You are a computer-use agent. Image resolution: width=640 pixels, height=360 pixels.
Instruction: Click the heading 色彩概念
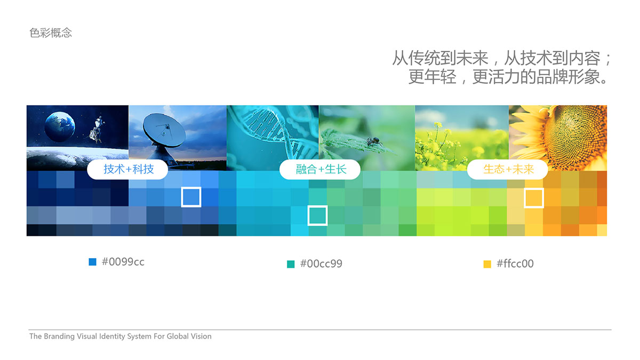[x=51, y=33]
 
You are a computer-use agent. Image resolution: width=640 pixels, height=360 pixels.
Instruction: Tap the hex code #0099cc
[x=123, y=262]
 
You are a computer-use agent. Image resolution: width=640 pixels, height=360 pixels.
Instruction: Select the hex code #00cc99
[x=321, y=263]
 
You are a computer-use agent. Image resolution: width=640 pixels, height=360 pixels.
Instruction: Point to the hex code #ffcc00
[x=515, y=263]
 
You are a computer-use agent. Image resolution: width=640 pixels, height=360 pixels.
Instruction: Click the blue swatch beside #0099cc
[x=93, y=262]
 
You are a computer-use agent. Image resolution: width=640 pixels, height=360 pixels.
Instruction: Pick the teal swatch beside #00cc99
[x=291, y=264]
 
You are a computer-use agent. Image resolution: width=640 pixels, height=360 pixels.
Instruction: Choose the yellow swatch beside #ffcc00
[x=487, y=264]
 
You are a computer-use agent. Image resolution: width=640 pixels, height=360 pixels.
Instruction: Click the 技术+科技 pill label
[x=127, y=170]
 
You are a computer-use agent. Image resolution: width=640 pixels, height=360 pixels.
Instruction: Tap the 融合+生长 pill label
[x=320, y=170]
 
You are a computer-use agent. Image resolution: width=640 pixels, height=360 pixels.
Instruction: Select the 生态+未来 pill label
[x=508, y=170]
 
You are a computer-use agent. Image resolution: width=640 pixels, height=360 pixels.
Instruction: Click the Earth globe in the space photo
[x=60, y=126]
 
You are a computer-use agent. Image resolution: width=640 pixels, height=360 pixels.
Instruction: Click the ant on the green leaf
[x=373, y=141]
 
